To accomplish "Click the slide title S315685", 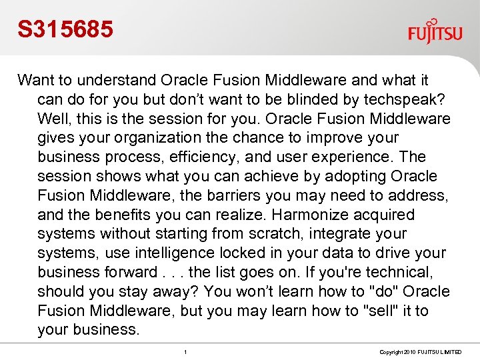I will [65, 29].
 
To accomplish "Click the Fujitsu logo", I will [435, 31].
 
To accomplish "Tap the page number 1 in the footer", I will [185, 351].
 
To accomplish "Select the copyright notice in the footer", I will [421, 351].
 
